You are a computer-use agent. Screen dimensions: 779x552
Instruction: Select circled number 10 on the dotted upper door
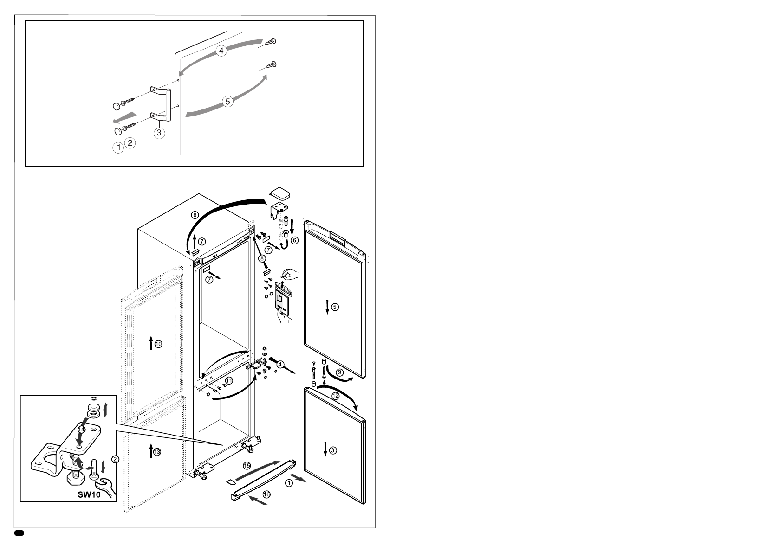click(159, 344)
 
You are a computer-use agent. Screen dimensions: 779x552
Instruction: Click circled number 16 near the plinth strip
click(266, 494)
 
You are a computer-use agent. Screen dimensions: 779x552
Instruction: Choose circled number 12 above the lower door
click(335, 396)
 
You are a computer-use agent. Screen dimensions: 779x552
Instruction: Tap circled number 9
click(339, 372)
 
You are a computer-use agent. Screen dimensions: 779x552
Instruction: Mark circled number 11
click(228, 380)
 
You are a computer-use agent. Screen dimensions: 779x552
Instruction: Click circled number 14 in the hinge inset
click(81, 430)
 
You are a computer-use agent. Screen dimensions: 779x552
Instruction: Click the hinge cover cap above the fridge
click(280, 192)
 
